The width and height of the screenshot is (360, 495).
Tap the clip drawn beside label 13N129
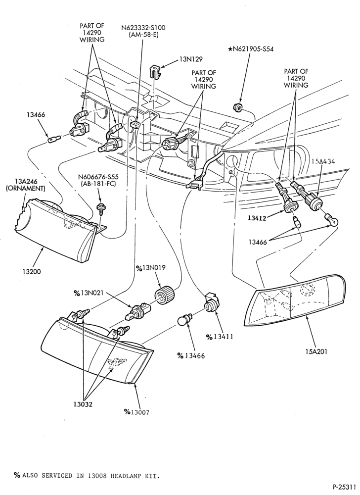154,72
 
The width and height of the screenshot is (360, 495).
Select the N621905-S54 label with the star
251,49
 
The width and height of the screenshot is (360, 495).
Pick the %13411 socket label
220,337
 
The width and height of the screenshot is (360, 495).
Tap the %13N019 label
151,268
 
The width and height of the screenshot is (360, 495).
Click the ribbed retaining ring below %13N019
165,295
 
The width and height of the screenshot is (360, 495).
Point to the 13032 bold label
83,404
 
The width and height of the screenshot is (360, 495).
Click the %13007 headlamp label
136,412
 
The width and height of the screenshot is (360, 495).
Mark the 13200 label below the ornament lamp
32,271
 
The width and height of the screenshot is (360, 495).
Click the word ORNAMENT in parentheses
26,189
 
